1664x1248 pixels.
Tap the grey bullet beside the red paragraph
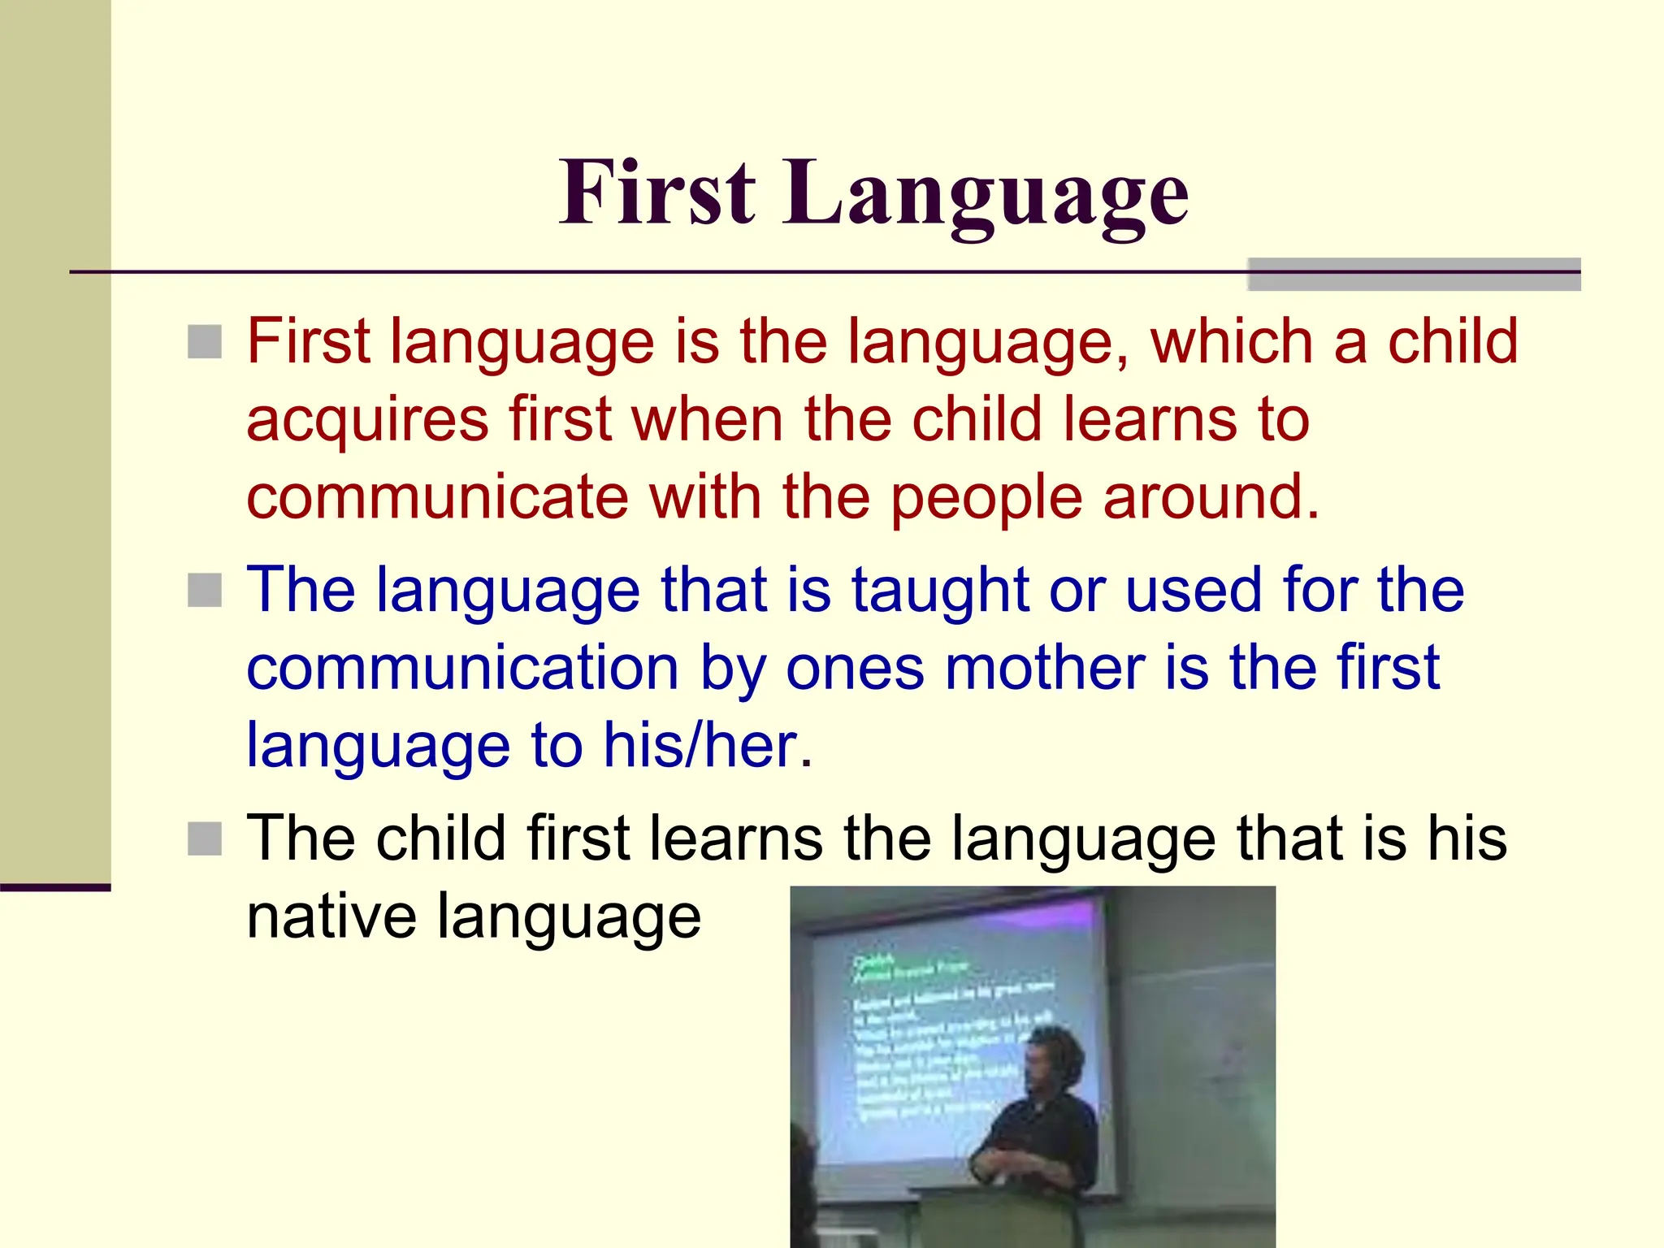pyautogui.click(x=205, y=342)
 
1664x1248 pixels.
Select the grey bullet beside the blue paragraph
pyautogui.click(x=205, y=591)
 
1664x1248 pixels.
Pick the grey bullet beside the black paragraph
pyautogui.click(x=205, y=839)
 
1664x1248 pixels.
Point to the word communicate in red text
pyautogui.click(x=437, y=497)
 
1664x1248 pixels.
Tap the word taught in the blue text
pyautogui.click(x=940, y=591)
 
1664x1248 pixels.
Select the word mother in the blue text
pyautogui.click(x=1046, y=668)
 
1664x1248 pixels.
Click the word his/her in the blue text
pyautogui.click(x=707, y=746)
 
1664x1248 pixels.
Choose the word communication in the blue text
pyautogui.click(x=462, y=668)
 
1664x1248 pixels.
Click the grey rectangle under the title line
pyautogui.click(x=1414, y=275)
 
